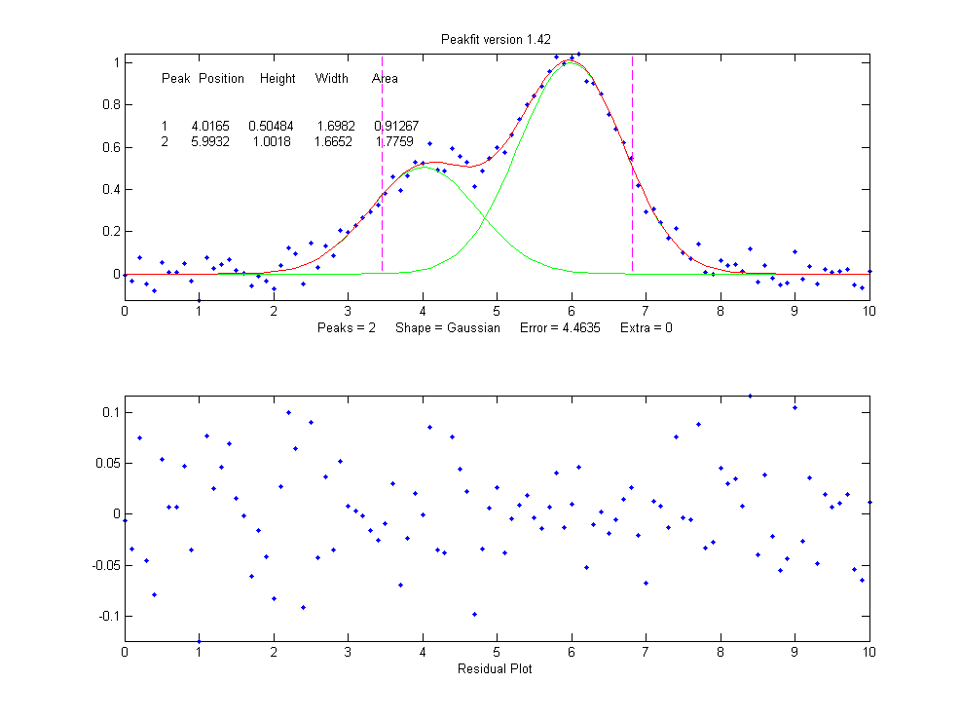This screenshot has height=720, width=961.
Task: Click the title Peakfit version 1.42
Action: (497, 39)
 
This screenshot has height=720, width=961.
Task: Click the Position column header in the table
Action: (221, 79)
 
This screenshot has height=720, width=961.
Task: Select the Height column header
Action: (277, 79)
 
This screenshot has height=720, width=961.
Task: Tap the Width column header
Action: (331, 79)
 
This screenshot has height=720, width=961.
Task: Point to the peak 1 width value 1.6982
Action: (333, 127)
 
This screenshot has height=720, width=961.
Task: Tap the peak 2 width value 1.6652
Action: (333, 142)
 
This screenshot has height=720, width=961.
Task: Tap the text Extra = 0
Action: (646, 328)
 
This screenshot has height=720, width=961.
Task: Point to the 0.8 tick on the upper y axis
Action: (110, 104)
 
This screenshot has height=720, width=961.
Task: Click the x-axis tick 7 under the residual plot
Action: (647, 652)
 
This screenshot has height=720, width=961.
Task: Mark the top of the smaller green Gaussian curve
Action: (424, 167)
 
